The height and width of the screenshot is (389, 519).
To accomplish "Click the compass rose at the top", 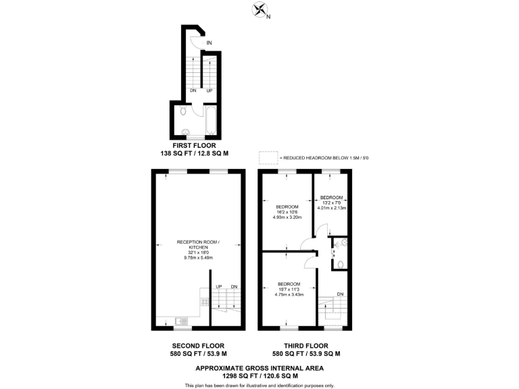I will pyautogui.click(x=259, y=9).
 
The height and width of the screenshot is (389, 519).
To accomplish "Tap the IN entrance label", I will pyautogui.click(x=209, y=43).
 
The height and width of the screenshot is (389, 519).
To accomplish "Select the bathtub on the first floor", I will pyautogui.click(x=209, y=120).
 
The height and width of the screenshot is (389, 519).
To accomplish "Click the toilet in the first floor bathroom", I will pyautogui.click(x=184, y=111).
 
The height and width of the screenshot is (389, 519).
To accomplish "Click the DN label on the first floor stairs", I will pyautogui.click(x=193, y=90).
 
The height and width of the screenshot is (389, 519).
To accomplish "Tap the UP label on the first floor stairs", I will pyautogui.click(x=209, y=90).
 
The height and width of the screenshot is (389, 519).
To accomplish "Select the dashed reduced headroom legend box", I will pyautogui.click(x=269, y=158).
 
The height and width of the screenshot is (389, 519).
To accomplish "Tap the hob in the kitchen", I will pyautogui.click(x=204, y=301).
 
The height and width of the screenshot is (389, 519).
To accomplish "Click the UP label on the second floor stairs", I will pyautogui.click(x=218, y=287).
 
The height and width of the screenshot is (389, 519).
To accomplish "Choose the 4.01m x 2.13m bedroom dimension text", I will pyautogui.click(x=332, y=208).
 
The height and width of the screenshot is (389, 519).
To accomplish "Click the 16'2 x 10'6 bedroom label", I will pyautogui.click(x=287, y=212).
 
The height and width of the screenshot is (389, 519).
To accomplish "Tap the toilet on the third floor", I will pyautogui.click(x=341, y=263).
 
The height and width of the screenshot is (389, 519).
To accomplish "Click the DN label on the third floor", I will pyautogui.click(x=341, y=294).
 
